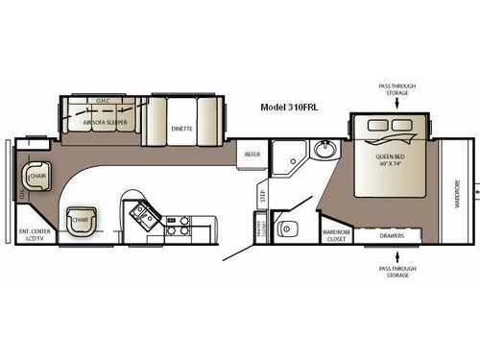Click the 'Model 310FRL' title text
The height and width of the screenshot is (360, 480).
pyautogui.click(x=293, y=108)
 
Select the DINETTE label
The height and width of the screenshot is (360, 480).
pyautogui.click(x=182, y=128)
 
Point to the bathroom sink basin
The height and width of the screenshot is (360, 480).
pyautogui.click(x=324, y=151)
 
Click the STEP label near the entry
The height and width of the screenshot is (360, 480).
pyautogui.click(x=262, y=196)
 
